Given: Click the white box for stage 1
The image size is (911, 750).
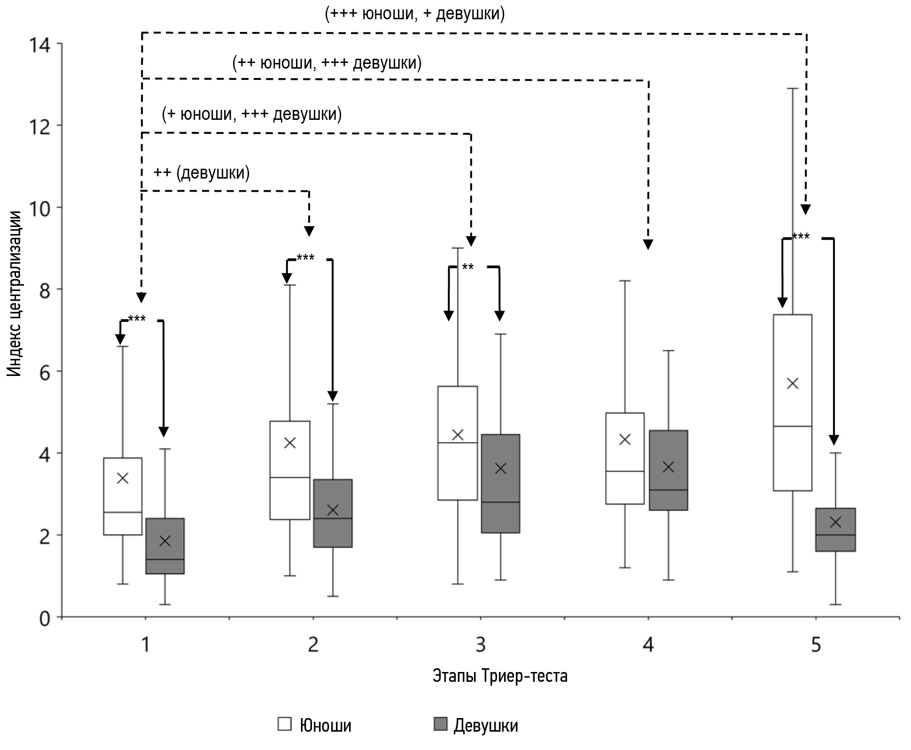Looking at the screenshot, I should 123,496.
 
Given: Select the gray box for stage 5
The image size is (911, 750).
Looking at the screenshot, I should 835,530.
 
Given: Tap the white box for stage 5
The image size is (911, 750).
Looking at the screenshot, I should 793,402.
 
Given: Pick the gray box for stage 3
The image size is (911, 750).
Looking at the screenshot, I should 500,484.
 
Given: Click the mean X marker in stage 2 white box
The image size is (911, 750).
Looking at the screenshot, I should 290,443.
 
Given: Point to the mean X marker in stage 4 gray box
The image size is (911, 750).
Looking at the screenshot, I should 668,467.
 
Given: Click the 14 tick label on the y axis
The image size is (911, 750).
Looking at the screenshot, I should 39,45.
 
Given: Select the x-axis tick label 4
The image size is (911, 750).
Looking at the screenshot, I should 648,645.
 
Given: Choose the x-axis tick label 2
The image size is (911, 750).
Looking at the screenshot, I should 313,645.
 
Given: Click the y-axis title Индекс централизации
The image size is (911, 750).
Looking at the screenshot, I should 15,294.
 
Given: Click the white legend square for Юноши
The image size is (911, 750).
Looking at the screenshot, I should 284,724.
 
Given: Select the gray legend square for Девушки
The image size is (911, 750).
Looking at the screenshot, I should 440,724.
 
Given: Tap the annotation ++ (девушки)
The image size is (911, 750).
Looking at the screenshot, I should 202,173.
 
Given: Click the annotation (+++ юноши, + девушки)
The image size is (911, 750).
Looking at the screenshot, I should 415,14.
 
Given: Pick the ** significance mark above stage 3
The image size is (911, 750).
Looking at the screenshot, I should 468,267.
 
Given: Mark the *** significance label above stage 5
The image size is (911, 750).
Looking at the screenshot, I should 801,236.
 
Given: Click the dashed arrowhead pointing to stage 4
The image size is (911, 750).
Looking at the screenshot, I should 648,244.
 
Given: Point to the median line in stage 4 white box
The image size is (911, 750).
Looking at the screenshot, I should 625,471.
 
